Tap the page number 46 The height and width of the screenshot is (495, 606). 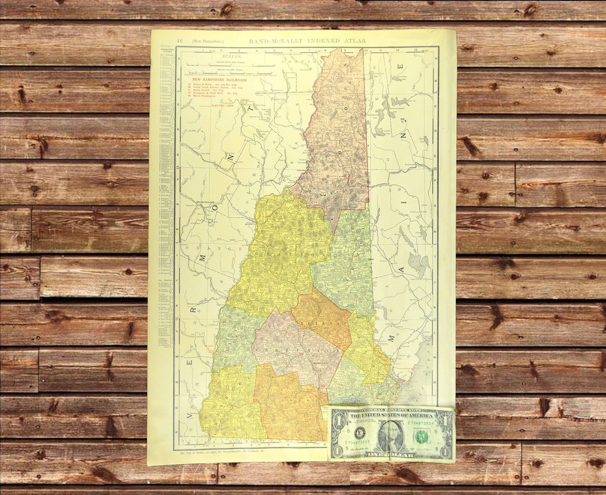(x=180, y=40)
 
